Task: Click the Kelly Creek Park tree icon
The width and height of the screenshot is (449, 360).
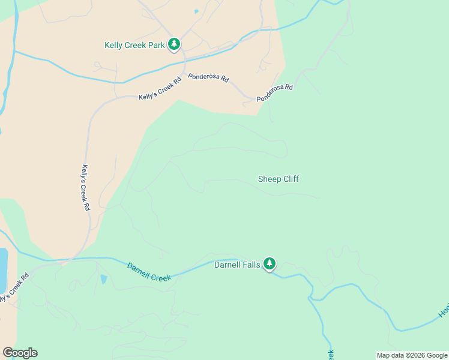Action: click(x=174, y=44)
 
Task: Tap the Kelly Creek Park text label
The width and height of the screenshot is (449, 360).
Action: click(x=134, y=45)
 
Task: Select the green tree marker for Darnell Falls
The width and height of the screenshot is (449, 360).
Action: click(x=270, y=263)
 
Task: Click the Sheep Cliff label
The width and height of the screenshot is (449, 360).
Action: click(x=278, y=179)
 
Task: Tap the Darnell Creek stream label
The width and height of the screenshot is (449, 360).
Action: click(x=149, y=271)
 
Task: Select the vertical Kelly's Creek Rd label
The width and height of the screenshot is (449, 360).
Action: click(x=85, y=187)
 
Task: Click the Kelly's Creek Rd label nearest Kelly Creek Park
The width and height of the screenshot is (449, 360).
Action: click(x=160, y=90)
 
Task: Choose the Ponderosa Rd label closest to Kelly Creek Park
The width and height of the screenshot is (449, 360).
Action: click(x=208, y=78)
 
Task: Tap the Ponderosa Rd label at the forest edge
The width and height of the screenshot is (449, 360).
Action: click(x=274, y=92)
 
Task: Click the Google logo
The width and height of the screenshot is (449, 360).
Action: click(x=20, y=352)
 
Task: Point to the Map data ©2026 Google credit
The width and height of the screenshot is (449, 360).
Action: click(x=412, y=355)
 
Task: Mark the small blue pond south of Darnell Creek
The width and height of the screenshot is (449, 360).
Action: click(x=104, y=279)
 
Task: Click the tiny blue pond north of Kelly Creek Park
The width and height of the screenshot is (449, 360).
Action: click(x=196, y=11)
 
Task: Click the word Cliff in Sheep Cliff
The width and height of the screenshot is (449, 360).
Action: click(x=289, y=179)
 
